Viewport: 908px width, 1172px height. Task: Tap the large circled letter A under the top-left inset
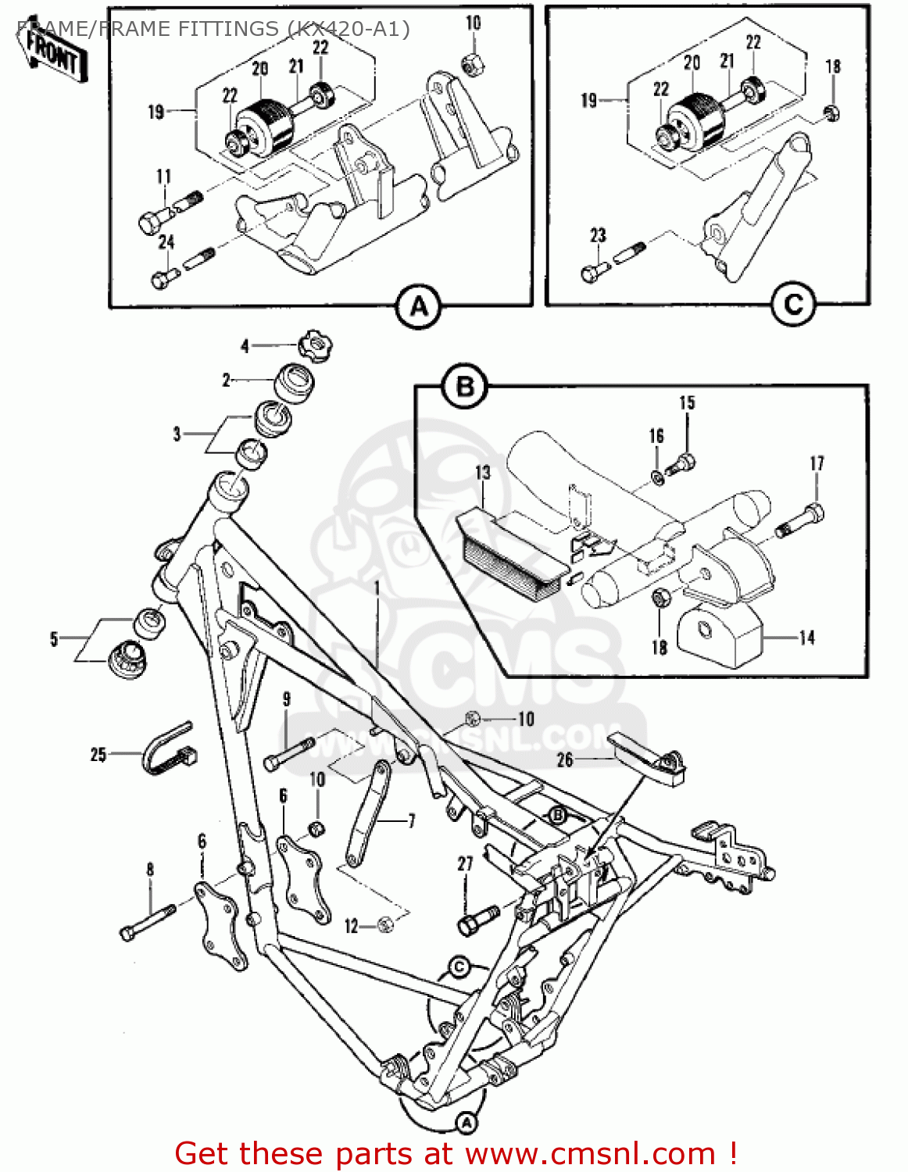click(x=419, y=306)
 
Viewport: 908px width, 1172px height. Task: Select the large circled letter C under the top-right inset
click(x=793, y=304)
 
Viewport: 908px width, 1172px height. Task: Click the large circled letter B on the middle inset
click(x=465, y=387)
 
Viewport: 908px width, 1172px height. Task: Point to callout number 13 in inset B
click(x=483, y=473)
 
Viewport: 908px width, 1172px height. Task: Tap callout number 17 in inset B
click(x=817, y=463)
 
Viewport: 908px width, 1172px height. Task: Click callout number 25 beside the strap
click(x=98, y=754)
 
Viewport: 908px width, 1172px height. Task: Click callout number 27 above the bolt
click(x=465, y=863)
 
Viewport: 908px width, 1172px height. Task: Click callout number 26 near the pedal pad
click(x=565, y=759)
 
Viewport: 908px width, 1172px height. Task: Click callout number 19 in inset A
click(x=156, y=112)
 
